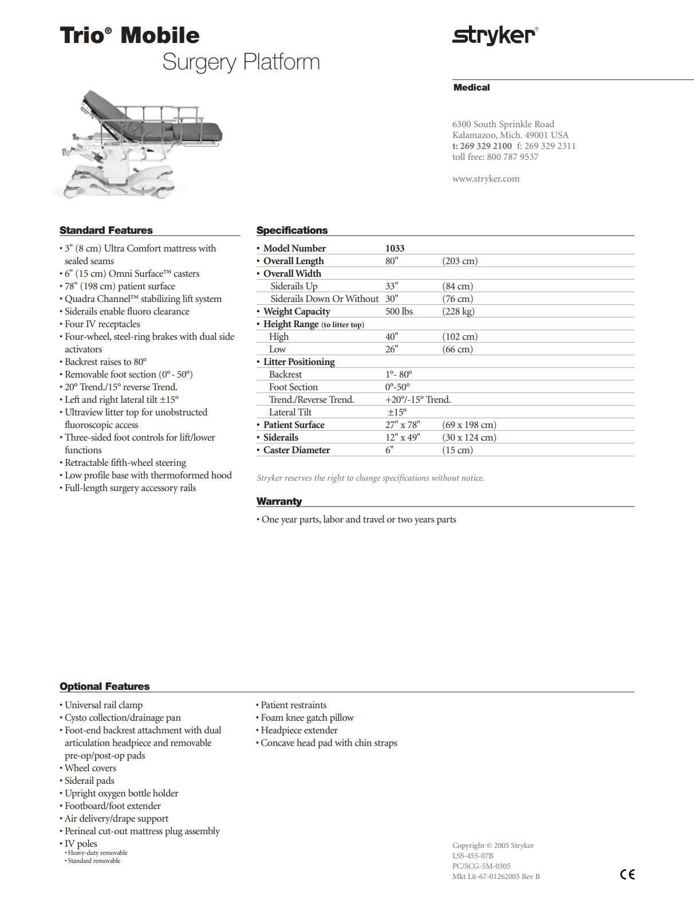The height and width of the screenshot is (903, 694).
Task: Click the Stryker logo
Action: [495, 36]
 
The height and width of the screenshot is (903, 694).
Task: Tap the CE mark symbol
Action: [627, 874]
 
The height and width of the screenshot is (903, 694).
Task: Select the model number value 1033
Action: [395, 248]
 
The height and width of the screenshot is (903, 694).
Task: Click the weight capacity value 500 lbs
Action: [399, 311]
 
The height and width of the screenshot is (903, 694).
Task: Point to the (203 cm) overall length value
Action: [459, 261]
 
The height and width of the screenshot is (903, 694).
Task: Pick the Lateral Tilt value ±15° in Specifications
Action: [397, 412]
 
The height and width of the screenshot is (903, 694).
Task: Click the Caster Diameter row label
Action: [296, 450]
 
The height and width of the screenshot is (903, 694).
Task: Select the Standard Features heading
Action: [106, 230]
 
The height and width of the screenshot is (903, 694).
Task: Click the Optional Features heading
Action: [104, 686]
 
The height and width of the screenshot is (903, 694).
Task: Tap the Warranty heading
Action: [279, 501]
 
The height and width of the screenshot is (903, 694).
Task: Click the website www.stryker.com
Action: [486, 179]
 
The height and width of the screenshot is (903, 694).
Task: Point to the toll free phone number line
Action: [495, 157]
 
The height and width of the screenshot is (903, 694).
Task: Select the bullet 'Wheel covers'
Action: [90, 768]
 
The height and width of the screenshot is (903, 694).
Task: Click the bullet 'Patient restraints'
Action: [293, 705]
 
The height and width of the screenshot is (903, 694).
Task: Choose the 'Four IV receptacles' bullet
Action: [102, 324]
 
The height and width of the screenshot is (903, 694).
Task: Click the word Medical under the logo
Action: [471, 88]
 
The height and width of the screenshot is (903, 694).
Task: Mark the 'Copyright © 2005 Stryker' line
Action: [492, 845]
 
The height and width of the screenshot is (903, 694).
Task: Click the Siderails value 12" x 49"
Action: [402, 437]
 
